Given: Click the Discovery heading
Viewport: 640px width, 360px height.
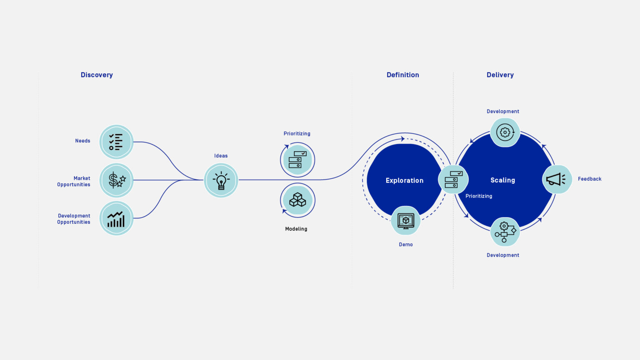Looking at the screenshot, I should click(97, 75).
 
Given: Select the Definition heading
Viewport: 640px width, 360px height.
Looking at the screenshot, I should click(402, 75).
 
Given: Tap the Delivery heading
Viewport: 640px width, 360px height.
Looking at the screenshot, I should click(500, 75).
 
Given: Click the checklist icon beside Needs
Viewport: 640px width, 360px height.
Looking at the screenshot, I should click(116, 142).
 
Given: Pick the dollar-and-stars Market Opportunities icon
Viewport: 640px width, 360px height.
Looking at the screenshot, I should click(116, 180).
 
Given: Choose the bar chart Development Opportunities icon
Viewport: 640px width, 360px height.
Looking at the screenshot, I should click(116, 218).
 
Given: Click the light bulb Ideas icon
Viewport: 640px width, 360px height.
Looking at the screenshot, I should click(221, 180).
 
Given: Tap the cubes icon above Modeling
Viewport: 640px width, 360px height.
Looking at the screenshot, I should click(297, 200).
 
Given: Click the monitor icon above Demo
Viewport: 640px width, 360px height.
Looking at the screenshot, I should click(405, 220).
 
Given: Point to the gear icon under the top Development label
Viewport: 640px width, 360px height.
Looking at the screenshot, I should click(505, 132).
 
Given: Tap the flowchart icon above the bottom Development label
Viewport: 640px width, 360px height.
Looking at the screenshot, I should click(505, 232).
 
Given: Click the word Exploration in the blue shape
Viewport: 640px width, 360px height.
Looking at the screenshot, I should click(404, 180).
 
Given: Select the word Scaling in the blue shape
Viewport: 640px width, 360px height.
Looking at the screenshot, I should click(502, 180).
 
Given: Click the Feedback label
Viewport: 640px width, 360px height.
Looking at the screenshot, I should click(589, 179).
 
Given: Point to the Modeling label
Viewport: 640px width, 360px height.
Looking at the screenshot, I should click(296, 229).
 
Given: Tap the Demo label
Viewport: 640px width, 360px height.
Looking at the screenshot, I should click(405, 245).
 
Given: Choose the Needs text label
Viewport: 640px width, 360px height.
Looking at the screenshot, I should click(82, 141).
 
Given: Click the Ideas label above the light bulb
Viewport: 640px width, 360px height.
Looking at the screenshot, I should click(221, 156).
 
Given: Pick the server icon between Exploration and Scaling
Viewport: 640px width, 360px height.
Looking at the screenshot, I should click(453, 180).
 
